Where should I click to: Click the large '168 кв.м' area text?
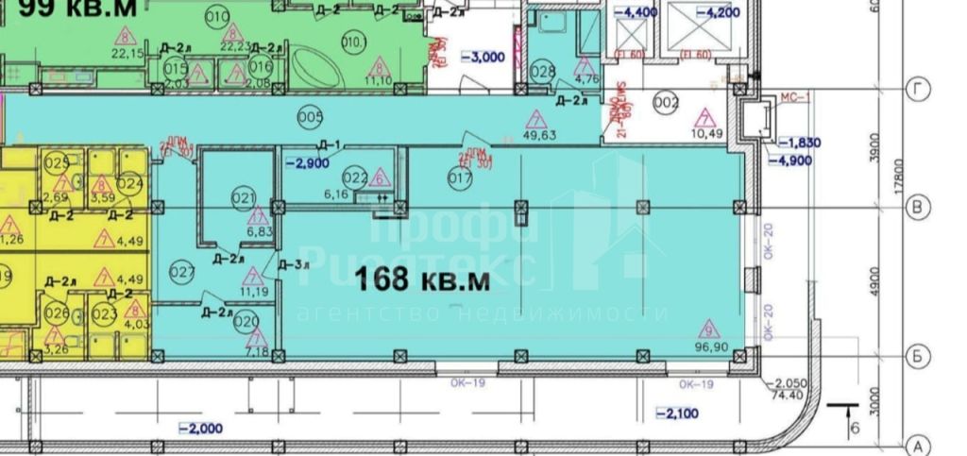424,279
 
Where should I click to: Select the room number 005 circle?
310,118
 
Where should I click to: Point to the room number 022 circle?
354,177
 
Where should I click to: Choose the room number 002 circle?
667,104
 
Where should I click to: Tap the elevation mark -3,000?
483,57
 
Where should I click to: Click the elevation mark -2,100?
677,414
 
